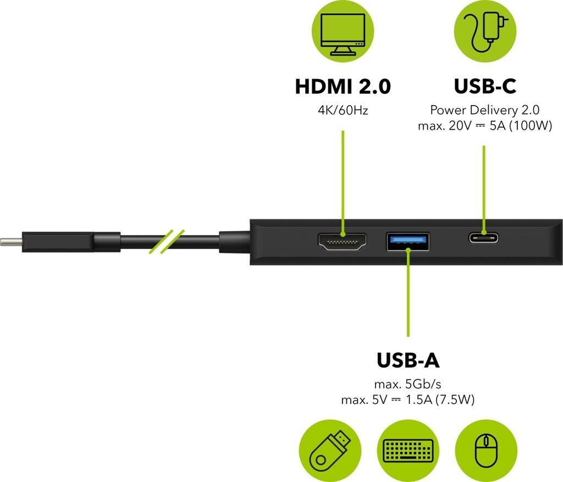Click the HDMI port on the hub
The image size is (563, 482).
(x=342, y=243)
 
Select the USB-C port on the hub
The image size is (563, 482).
(x=484, y=238)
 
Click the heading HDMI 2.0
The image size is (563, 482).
(x=343, y=87)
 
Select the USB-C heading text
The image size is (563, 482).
(x=484, y=87)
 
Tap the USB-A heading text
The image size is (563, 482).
(x=407, y=360)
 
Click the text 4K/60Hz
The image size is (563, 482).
(x=343, y=110)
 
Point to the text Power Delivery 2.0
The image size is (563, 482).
(x=484, y=110)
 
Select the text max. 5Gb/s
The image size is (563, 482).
(x=407, y=385)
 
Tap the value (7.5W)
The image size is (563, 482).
(x=454, y=400)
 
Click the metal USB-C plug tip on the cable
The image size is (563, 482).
(x=11, y=242)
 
